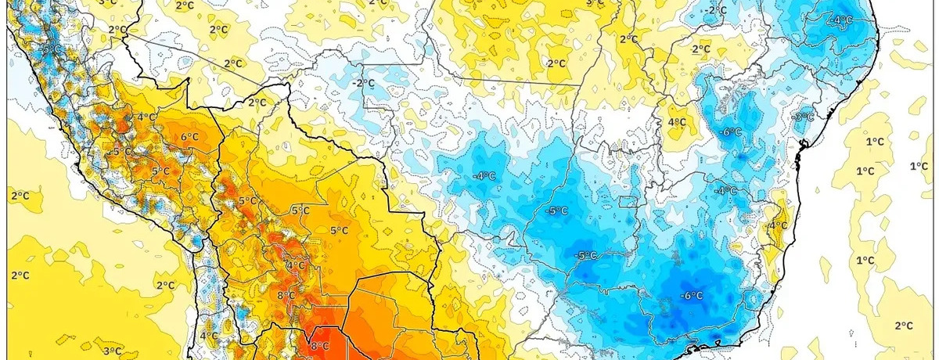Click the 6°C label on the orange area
(x=189, y=137)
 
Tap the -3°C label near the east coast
(x=803, y=117)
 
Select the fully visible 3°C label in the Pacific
(x=111, y=351)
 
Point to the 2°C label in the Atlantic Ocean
(x=904, y=326)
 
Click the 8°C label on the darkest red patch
(x=319, y=347)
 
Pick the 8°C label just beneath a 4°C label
(x=286, y=295)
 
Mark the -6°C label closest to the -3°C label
(x=730, y=132)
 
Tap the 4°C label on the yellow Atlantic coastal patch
(x=778, y=225)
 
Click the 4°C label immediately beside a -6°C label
(x=677, y=122)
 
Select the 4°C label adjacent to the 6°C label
(x=146, y=117)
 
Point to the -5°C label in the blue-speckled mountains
(x=121, y=151)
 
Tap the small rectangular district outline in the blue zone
(x=628, y=202)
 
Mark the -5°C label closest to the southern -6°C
(x=587, y=255)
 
